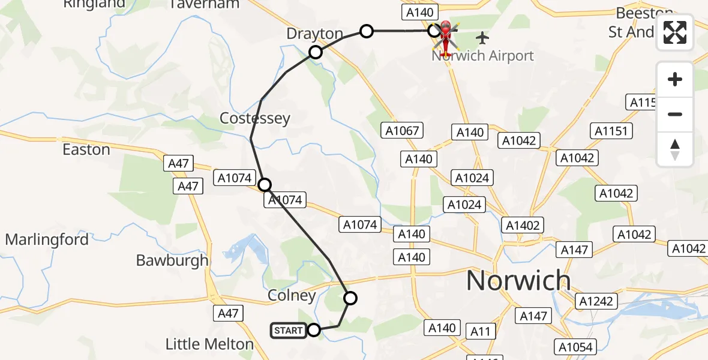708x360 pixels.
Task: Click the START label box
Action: pyautogui.click(x=288, y=330)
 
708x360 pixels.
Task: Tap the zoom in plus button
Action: pyautogui.click(x=675, y=80)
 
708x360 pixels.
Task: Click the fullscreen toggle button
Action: pyautogui.click(x=675, y=32)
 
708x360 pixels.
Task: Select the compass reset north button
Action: pyautogui.click(x=675, y=149)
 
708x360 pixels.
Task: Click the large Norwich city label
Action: pyautogui.click(x=518, y=280)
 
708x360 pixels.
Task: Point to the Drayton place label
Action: pyautogui.click(x=315, y=34)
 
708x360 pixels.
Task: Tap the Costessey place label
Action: pyautogui.click(x=255, y=118)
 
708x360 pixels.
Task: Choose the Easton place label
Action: pyautogui.click(x=86, y=149)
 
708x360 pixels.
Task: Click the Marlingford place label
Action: pyautogui.click(x=47, y=240)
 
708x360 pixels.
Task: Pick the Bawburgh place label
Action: pyautogui.click(x=172, y=260)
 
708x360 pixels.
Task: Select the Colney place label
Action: pyautogui.click(x=292, y=296)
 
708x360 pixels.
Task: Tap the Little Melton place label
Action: pyautogui.click(x=209, y=344)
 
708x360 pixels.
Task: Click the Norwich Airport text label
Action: pyautogui.click(x=482, y=56)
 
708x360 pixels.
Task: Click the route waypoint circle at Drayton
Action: pyautogui.click(x=316, y=52)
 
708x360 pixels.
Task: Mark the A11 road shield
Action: pyautogui.click(x=480, y=331)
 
